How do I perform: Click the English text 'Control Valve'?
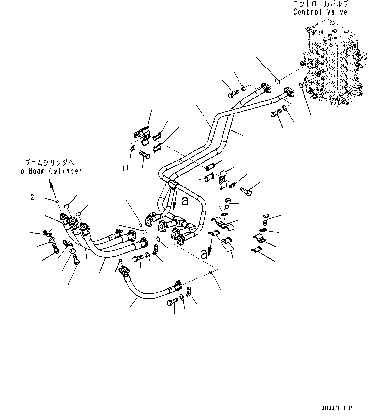(x=320, y=12)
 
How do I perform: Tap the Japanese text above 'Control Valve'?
(x=320, y=4)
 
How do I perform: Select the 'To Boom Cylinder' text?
(x=49, y=171)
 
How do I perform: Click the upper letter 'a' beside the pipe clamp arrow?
(x=185, y=202)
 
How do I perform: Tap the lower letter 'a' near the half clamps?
(x=204, y=253)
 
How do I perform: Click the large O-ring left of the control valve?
(x=277, y=81)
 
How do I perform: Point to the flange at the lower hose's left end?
(x=124, y=270)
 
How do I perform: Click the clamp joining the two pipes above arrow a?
(x=173, y=185)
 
